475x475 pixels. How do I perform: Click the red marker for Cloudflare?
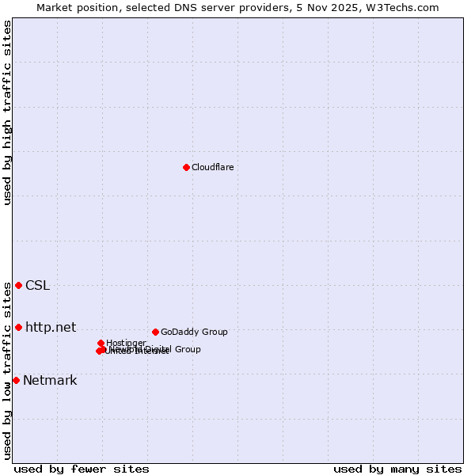point(186,167)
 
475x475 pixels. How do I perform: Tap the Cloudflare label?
point(212,167)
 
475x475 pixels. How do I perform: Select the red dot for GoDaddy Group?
point(155,332)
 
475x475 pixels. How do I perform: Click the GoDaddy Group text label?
point(194,332)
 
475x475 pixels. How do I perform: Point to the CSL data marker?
point(18,285)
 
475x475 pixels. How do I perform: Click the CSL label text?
point(37,285)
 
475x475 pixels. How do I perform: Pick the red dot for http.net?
point(18,327)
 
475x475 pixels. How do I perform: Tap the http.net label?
point(51,327)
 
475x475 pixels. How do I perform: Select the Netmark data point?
point(16,380)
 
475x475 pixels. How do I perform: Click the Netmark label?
point(50,380)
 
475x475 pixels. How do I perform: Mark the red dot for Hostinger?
point(101,343)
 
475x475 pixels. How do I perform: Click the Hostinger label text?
point(126,343)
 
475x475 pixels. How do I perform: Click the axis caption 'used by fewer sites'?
point(82,469)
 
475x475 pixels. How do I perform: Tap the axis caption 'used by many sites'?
point(397,469)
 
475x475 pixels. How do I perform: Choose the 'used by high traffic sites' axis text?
point(7,112)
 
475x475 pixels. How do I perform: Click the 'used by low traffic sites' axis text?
point(7,370)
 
